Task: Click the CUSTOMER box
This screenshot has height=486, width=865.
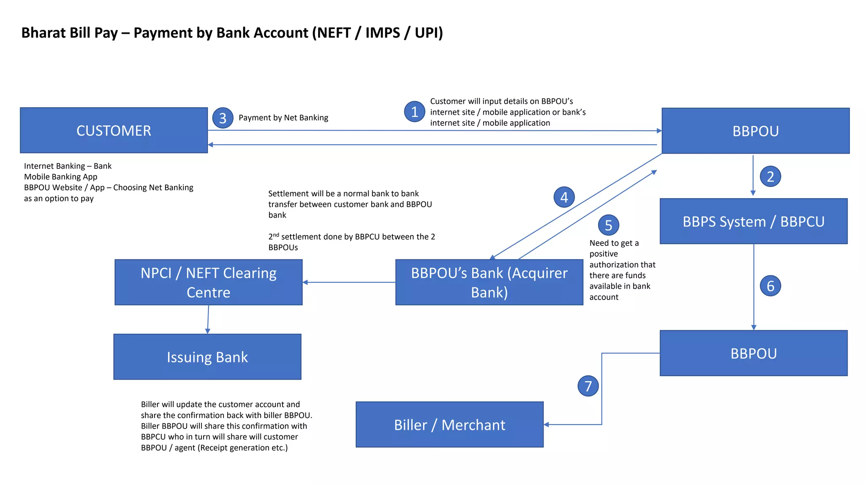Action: (114, 130)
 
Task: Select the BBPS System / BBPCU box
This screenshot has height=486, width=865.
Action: (753, 221)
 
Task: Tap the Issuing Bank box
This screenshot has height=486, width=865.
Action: (207, 357)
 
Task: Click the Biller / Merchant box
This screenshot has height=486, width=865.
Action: (449, 424)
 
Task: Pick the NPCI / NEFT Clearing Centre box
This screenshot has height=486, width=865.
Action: (208, 282)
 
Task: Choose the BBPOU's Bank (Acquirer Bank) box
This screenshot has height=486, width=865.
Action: (489, 282)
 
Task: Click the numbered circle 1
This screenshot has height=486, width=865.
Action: (415, 112)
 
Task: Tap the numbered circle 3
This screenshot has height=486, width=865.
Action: (223, 119)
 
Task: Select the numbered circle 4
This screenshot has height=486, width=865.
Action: (564, 197)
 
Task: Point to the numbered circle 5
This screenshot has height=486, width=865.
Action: (608, 225)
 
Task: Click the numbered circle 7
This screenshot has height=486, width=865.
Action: (588, 386)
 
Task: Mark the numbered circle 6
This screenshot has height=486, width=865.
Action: (770, 286)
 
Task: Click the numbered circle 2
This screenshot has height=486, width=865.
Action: (770, 176)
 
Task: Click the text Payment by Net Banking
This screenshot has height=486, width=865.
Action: (283, 118)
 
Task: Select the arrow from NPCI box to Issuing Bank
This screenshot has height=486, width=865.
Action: (208, 319)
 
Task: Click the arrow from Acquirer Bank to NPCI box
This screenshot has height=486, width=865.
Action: (349, 282)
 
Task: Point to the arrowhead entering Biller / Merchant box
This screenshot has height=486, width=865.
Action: (547, 424)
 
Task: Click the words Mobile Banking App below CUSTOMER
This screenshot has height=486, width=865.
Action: (60, 177)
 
